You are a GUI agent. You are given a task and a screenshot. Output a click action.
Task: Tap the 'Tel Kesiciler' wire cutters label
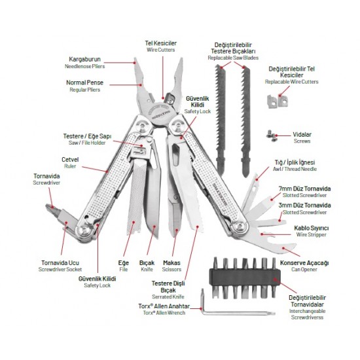tap(161, 46)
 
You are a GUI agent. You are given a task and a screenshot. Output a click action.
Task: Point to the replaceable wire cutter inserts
tap(278, 101)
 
